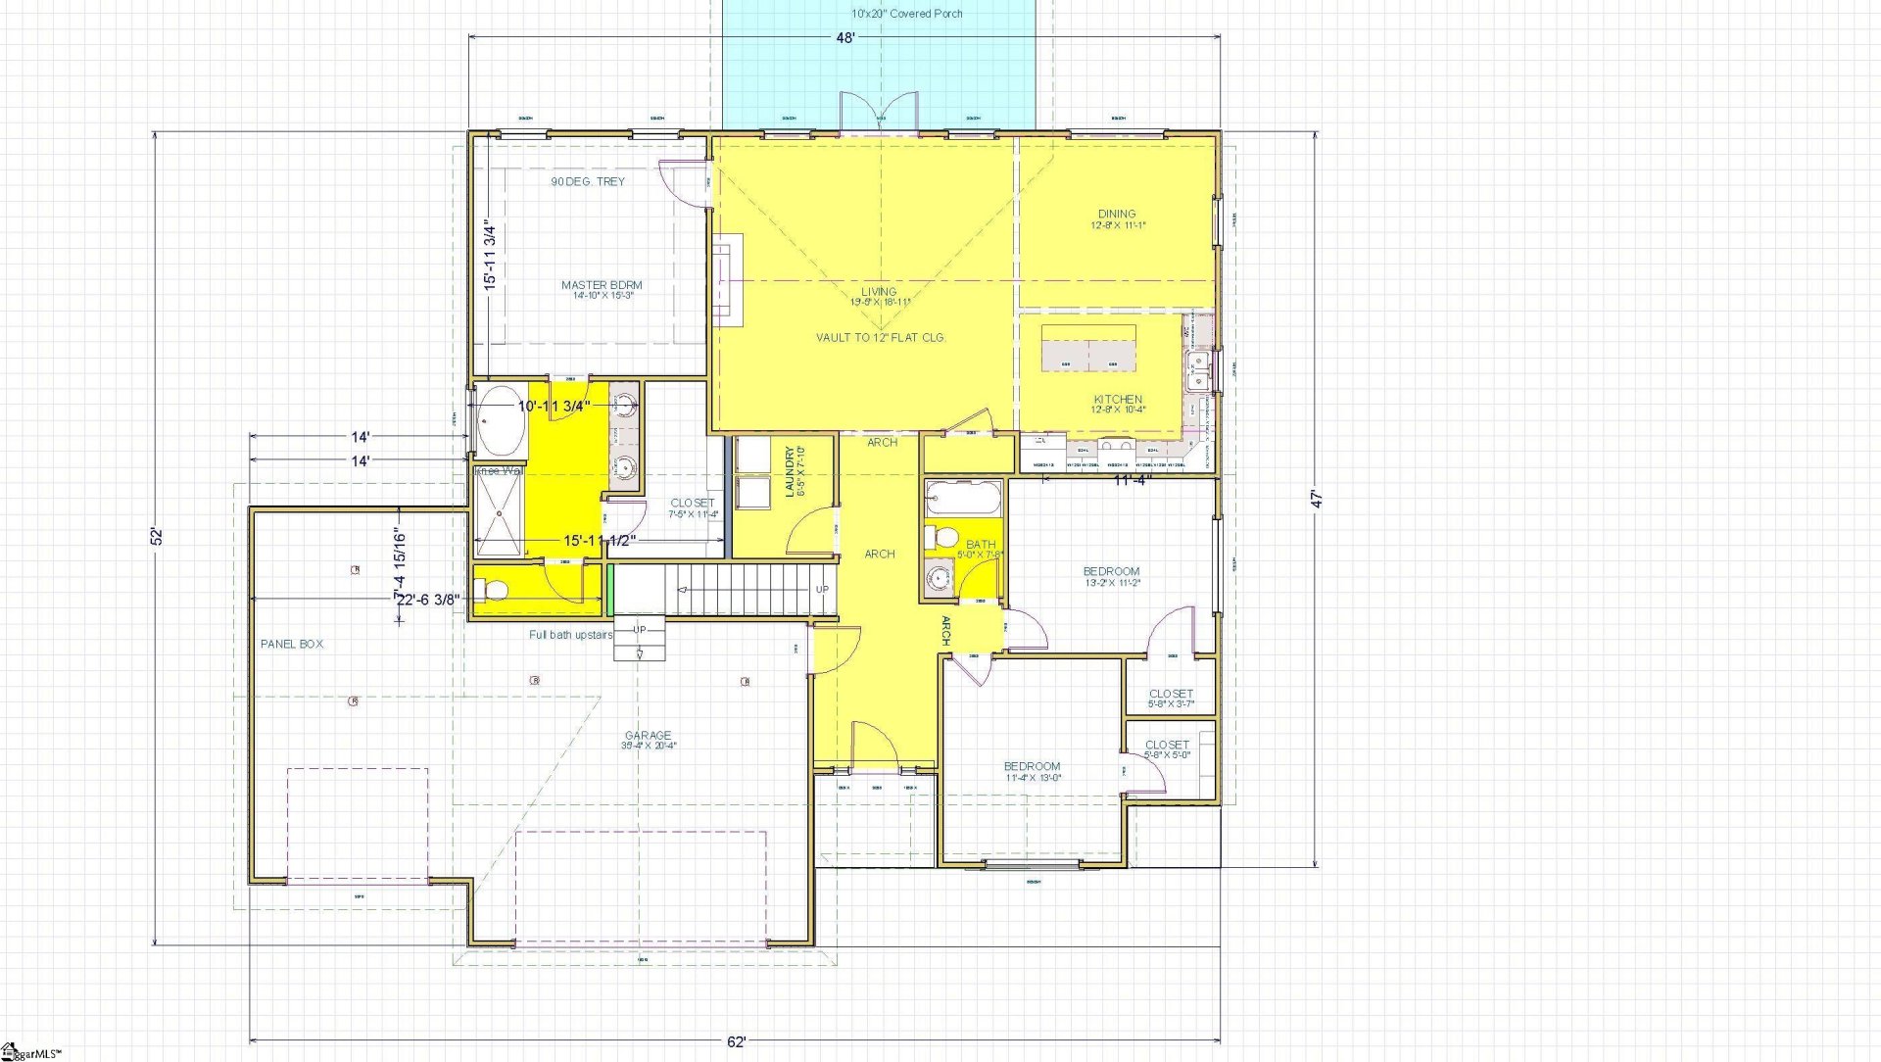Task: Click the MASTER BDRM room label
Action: click(602, 285)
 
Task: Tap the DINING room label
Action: click(1117, 214)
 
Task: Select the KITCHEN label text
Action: click(1118, 400)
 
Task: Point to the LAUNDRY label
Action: click(789, 471)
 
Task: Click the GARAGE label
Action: click(649, 736)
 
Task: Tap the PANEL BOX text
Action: click(292, 644)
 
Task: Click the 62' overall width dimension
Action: click(737, 1041)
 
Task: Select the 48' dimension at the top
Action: click(845, 37)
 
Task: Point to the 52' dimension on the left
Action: click(156, 537)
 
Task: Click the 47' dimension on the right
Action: click(1318, 499)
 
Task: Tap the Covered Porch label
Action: click(906, 14)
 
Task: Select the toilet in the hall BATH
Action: click(943, 537)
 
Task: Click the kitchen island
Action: click(1088, 347)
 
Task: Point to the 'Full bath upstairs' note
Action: click(571, 635)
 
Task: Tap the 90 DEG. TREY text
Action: click(587, 181)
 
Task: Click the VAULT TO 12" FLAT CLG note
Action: click(880, 337)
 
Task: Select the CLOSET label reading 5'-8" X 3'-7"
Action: click(1171, 694)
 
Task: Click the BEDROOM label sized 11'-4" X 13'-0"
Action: click(1032, 766)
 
